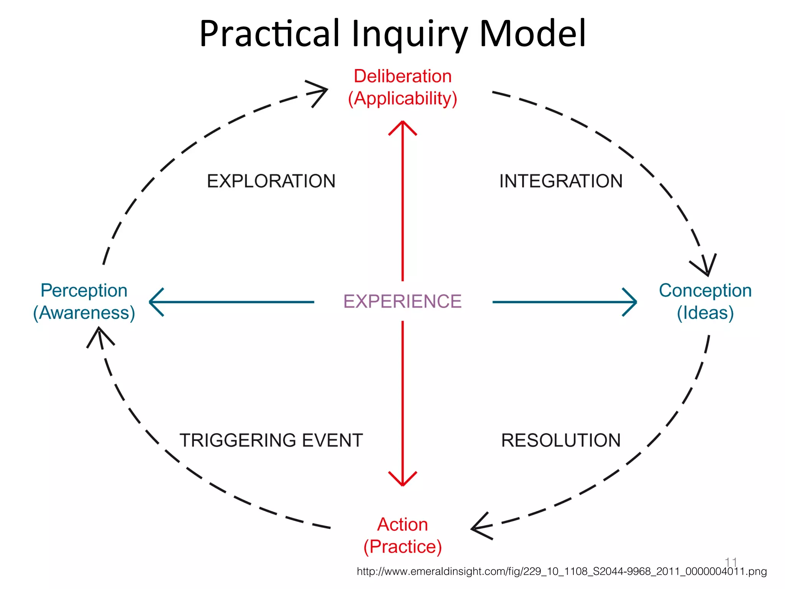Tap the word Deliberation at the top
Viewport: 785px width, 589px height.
click(x=402, y=76)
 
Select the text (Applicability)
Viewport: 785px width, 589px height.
click(x=402, y=99)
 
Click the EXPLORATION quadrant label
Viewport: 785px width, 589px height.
click(x=271, y=181)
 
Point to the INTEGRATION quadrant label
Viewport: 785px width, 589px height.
click(x=561, y=181)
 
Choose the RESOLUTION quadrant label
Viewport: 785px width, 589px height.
click(x=561, y=440)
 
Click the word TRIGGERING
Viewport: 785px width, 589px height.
click(x=238, y=440)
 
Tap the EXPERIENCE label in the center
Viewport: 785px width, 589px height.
click(x=402, y=301)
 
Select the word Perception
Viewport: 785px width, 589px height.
click(x=84, y=290)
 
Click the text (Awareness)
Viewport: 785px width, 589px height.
click(x=84, y=313)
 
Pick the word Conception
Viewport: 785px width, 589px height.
click(x=705, y=290)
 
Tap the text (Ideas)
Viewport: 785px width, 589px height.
click(x=705, y=313)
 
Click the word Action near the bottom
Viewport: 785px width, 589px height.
click(x=402, y=524)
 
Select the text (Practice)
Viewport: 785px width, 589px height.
click(x=402, y=546)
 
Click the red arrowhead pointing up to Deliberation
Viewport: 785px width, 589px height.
click(x=402, y=127)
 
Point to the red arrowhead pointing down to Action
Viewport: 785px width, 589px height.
click(x=402, y=480)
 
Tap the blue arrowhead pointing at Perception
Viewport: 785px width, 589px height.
click(x=155, y=302)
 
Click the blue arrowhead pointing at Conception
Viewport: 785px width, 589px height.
click(x=631, y=302)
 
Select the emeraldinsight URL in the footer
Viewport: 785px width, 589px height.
click(x=562, y=571)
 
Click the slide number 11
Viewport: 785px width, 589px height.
click(x=731, y=562)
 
